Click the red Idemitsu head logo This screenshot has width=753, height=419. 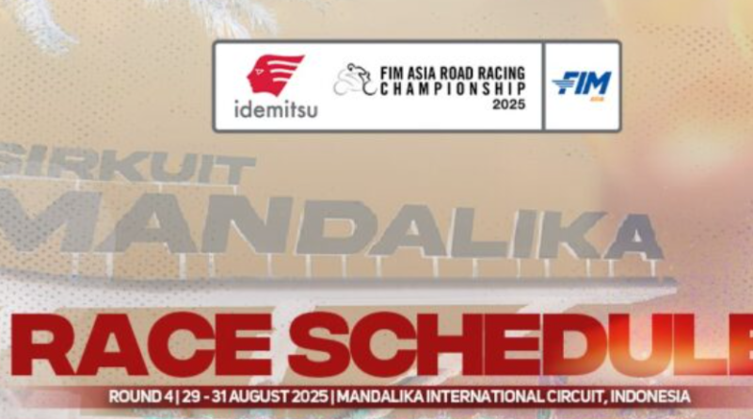(x=275, y=74)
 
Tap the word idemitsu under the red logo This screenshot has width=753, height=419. (x=276, y=109)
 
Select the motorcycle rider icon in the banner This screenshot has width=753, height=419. (x=355, y=79)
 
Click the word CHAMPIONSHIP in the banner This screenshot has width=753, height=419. (x=453, y=89)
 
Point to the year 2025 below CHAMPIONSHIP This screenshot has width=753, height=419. (x=508, y=104)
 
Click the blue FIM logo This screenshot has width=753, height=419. (x=582, y=86)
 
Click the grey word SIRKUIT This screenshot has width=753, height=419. (x=127, y=165)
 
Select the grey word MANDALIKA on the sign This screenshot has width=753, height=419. (x=331, y=227)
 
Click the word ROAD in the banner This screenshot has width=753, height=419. (x=457, y=73)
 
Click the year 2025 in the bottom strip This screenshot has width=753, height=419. (x=311, y=397)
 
